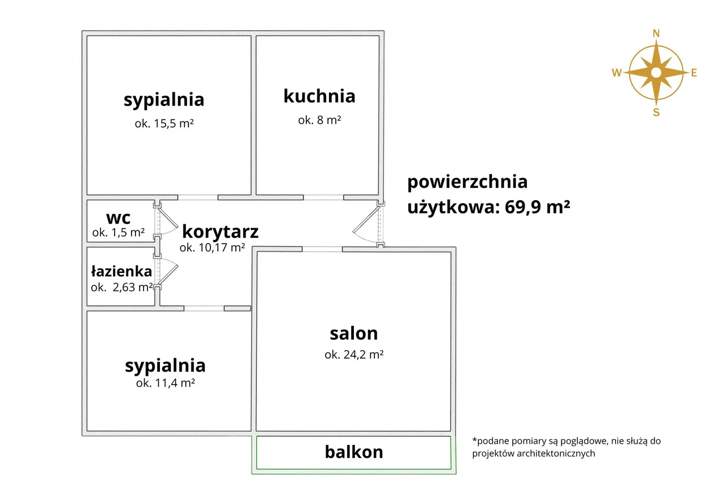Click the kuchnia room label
coord(319,96)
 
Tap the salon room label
coord(354,334)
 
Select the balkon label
coord(354,452)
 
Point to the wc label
coord(119,218)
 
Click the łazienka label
coord(121,271)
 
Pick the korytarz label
coord(221,232)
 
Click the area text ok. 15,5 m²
coord(164,124)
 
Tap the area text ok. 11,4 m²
coord(166,383)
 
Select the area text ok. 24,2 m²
coord(354,355)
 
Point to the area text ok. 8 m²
coord(319,120)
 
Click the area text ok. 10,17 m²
coord(212,247)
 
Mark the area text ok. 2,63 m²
coord(122,288)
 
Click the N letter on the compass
coord(656,33)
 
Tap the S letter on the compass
coord(656,112)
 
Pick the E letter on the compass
coord(694,73)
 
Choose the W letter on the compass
coord(617,73)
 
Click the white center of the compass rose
coord(656,73)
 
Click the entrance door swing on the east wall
coord(363,226)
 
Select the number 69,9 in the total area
coord(523,207)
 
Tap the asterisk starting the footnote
coord(475,440)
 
